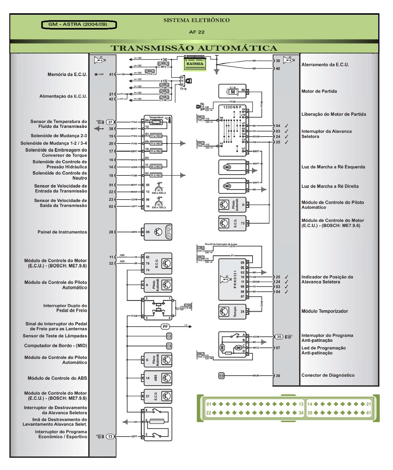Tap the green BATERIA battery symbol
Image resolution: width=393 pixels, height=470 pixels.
[195, 64]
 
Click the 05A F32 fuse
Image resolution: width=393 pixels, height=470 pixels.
[150, 72]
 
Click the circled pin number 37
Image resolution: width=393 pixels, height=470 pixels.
[110, 122]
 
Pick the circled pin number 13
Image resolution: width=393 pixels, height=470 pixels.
[111, 436]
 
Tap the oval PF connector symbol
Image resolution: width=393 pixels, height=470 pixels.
[165, 326]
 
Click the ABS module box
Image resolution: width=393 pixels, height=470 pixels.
[158, 378]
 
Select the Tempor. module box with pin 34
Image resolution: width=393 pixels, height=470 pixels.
[232, 312]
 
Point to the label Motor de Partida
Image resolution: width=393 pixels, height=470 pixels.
[319, 91]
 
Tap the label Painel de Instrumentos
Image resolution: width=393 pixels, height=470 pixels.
[62, 232]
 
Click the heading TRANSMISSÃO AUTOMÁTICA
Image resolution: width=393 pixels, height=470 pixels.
[194, 48]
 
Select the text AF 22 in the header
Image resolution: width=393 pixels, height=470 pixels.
[196, 32]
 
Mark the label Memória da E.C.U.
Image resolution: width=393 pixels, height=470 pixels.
[67, 74]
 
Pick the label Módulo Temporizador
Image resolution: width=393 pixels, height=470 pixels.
[325, 311]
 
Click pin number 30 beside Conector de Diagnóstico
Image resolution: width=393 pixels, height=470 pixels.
[278, 376]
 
